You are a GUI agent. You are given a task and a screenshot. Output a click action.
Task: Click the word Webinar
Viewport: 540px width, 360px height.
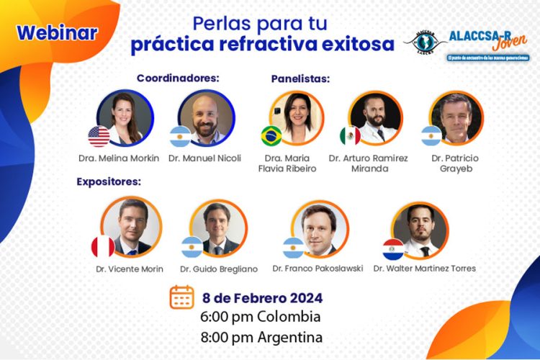[x=57, y=33]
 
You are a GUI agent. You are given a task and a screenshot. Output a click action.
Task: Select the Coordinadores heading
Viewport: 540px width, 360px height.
[x=178, y=77]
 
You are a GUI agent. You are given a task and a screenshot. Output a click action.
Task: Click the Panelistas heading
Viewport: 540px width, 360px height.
[x=300, y=78]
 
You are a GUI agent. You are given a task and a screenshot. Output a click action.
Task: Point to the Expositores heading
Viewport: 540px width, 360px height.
[x=109, y=181]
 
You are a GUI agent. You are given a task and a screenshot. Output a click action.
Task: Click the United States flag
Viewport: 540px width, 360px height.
[x=99, y=137]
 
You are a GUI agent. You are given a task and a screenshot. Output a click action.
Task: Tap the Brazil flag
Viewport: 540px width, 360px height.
[x=271, y=135]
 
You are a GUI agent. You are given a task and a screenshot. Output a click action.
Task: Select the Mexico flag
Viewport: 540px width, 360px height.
[x=350, y=136]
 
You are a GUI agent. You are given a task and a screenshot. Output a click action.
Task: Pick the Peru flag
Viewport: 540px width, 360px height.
[x=103, y=247]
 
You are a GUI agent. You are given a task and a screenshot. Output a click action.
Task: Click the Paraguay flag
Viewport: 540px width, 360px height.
[x=393, y=248]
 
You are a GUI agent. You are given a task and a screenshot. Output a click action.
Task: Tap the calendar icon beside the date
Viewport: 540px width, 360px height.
[x=181, y=297]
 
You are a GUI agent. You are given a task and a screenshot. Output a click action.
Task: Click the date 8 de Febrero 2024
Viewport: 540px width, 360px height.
[x=262, y=297]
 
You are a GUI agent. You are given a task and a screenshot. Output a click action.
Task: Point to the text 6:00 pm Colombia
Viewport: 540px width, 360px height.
[x=261, y=317]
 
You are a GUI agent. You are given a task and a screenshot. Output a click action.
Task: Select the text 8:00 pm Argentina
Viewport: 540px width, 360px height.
[x=261, y=336]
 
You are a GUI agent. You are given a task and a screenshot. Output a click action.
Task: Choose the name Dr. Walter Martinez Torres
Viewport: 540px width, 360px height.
[x=424, y=269]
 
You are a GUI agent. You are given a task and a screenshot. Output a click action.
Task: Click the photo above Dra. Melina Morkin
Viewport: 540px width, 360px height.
[x=125, y=117]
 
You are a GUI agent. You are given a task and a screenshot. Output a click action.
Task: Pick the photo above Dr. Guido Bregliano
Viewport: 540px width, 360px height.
[x=218, y=228]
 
